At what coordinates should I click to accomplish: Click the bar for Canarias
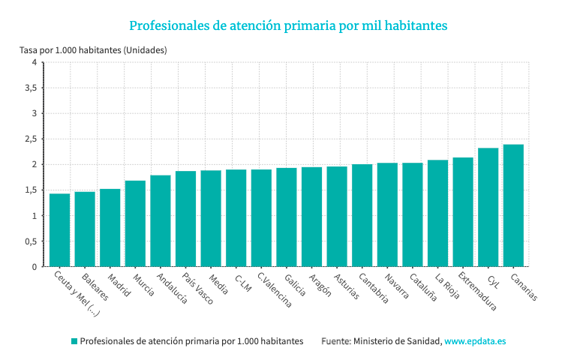[513, 205]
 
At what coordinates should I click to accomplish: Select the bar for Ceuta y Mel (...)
[59, 230]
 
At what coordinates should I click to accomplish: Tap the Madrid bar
[110, 228]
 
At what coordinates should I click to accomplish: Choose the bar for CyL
[488, 207]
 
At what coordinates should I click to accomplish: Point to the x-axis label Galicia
[295, 284]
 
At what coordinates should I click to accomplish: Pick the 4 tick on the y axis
[34, 62]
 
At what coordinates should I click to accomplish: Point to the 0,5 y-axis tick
[29, 241]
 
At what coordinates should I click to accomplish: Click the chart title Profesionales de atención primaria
[288, 25]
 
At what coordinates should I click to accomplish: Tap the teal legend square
[74, 341]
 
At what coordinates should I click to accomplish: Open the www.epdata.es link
[475, 341]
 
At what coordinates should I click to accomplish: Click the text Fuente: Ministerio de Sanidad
[381, 341]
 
